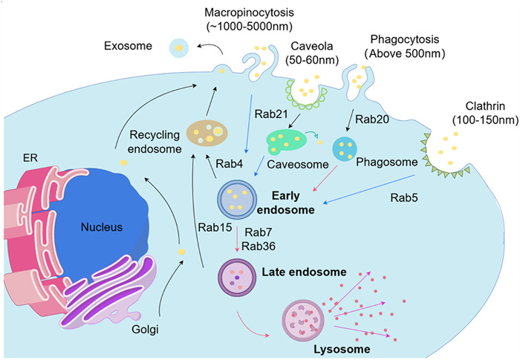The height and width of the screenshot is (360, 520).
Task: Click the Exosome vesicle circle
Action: point(179,48)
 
